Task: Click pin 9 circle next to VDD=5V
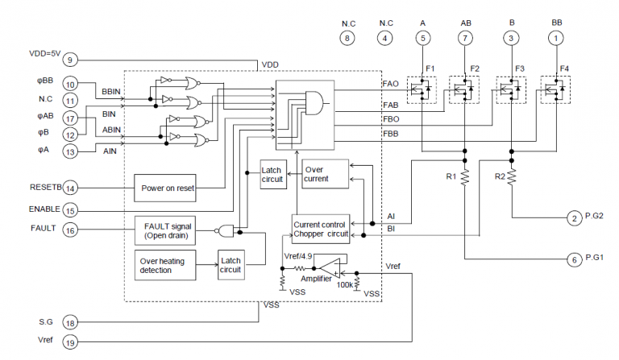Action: tap(70, 60)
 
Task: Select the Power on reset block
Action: tap(165, 188)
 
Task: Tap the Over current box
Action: tap(326, 174)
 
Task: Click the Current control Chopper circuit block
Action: tap(321, 229)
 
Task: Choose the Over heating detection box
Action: tap(165, 265)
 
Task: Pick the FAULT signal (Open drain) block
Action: tap(165, 230)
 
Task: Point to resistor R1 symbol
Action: tap(465, 177)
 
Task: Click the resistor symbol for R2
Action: tap(512, 177)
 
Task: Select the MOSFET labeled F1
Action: tap(422, 90)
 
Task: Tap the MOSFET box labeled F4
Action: tap(555, 90)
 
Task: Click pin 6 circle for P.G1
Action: tap(575, 259)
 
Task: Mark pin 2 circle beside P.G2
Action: tap(575, 218)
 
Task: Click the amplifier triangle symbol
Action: tap(330, 268)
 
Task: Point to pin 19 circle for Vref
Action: tap(70, 342)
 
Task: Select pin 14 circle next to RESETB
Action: tap(70, 188)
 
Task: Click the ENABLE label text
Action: tap(44, 209)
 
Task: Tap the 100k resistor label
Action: tap(345, 284)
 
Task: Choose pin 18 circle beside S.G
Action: tap(70, 323)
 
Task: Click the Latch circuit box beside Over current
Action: tap(273, 174)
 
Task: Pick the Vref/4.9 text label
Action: tap(298, 256)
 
